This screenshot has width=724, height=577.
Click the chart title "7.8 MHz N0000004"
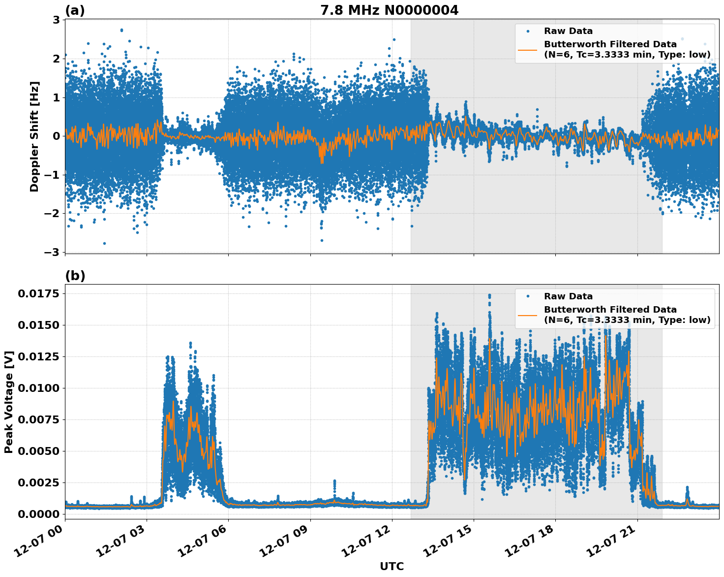[389, 10]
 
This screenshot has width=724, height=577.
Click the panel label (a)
[75, 10]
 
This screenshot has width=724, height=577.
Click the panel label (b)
[75, 276]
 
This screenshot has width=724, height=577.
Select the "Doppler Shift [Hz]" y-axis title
[34, 136]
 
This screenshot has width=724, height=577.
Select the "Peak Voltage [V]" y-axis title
[8, 402]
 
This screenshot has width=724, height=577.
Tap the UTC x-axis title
[392, 566]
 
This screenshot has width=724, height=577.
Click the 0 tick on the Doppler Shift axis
[56, 136]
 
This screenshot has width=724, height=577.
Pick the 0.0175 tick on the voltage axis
[38, 294]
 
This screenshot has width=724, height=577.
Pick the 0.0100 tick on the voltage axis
[38, 388]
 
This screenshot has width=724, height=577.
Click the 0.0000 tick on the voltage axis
[38, 514]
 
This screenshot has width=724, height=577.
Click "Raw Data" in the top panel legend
[568, 31]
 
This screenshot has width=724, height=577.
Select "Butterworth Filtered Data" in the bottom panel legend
[610, 310]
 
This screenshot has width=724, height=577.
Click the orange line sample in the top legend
[527, 49]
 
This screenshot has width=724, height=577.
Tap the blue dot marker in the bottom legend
[527, 296]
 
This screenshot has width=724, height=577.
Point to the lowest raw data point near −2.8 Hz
[104, 243]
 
